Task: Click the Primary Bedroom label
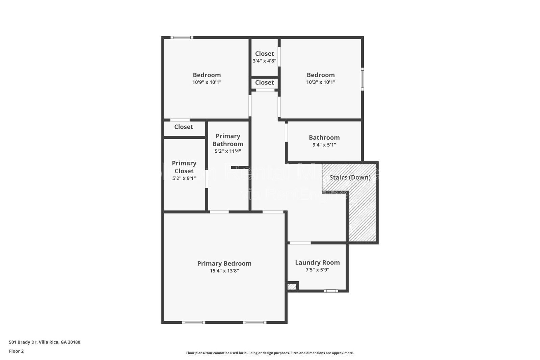point(224,263)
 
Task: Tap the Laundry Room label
point(317,262)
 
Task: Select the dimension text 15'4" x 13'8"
point(224,271)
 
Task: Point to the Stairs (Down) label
point(350,177)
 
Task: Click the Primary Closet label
point(184,167)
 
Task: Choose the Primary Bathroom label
point(228,140)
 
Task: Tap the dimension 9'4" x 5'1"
point(324,145)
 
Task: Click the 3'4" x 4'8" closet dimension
point(264,61)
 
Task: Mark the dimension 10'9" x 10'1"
point(207,82)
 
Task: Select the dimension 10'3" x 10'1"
point(321,82)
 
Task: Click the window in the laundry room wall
point(331,291)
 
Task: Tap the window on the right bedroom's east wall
point(362,79)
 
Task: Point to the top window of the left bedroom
point(182,37)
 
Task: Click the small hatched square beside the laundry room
point(292,287)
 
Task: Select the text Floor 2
point(16,351)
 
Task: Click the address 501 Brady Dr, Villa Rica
point(45,342)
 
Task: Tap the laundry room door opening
point(300,243)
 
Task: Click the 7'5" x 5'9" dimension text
point(317,269)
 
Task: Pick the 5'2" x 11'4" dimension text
point(228,151)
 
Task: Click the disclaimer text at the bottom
point(270,353)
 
